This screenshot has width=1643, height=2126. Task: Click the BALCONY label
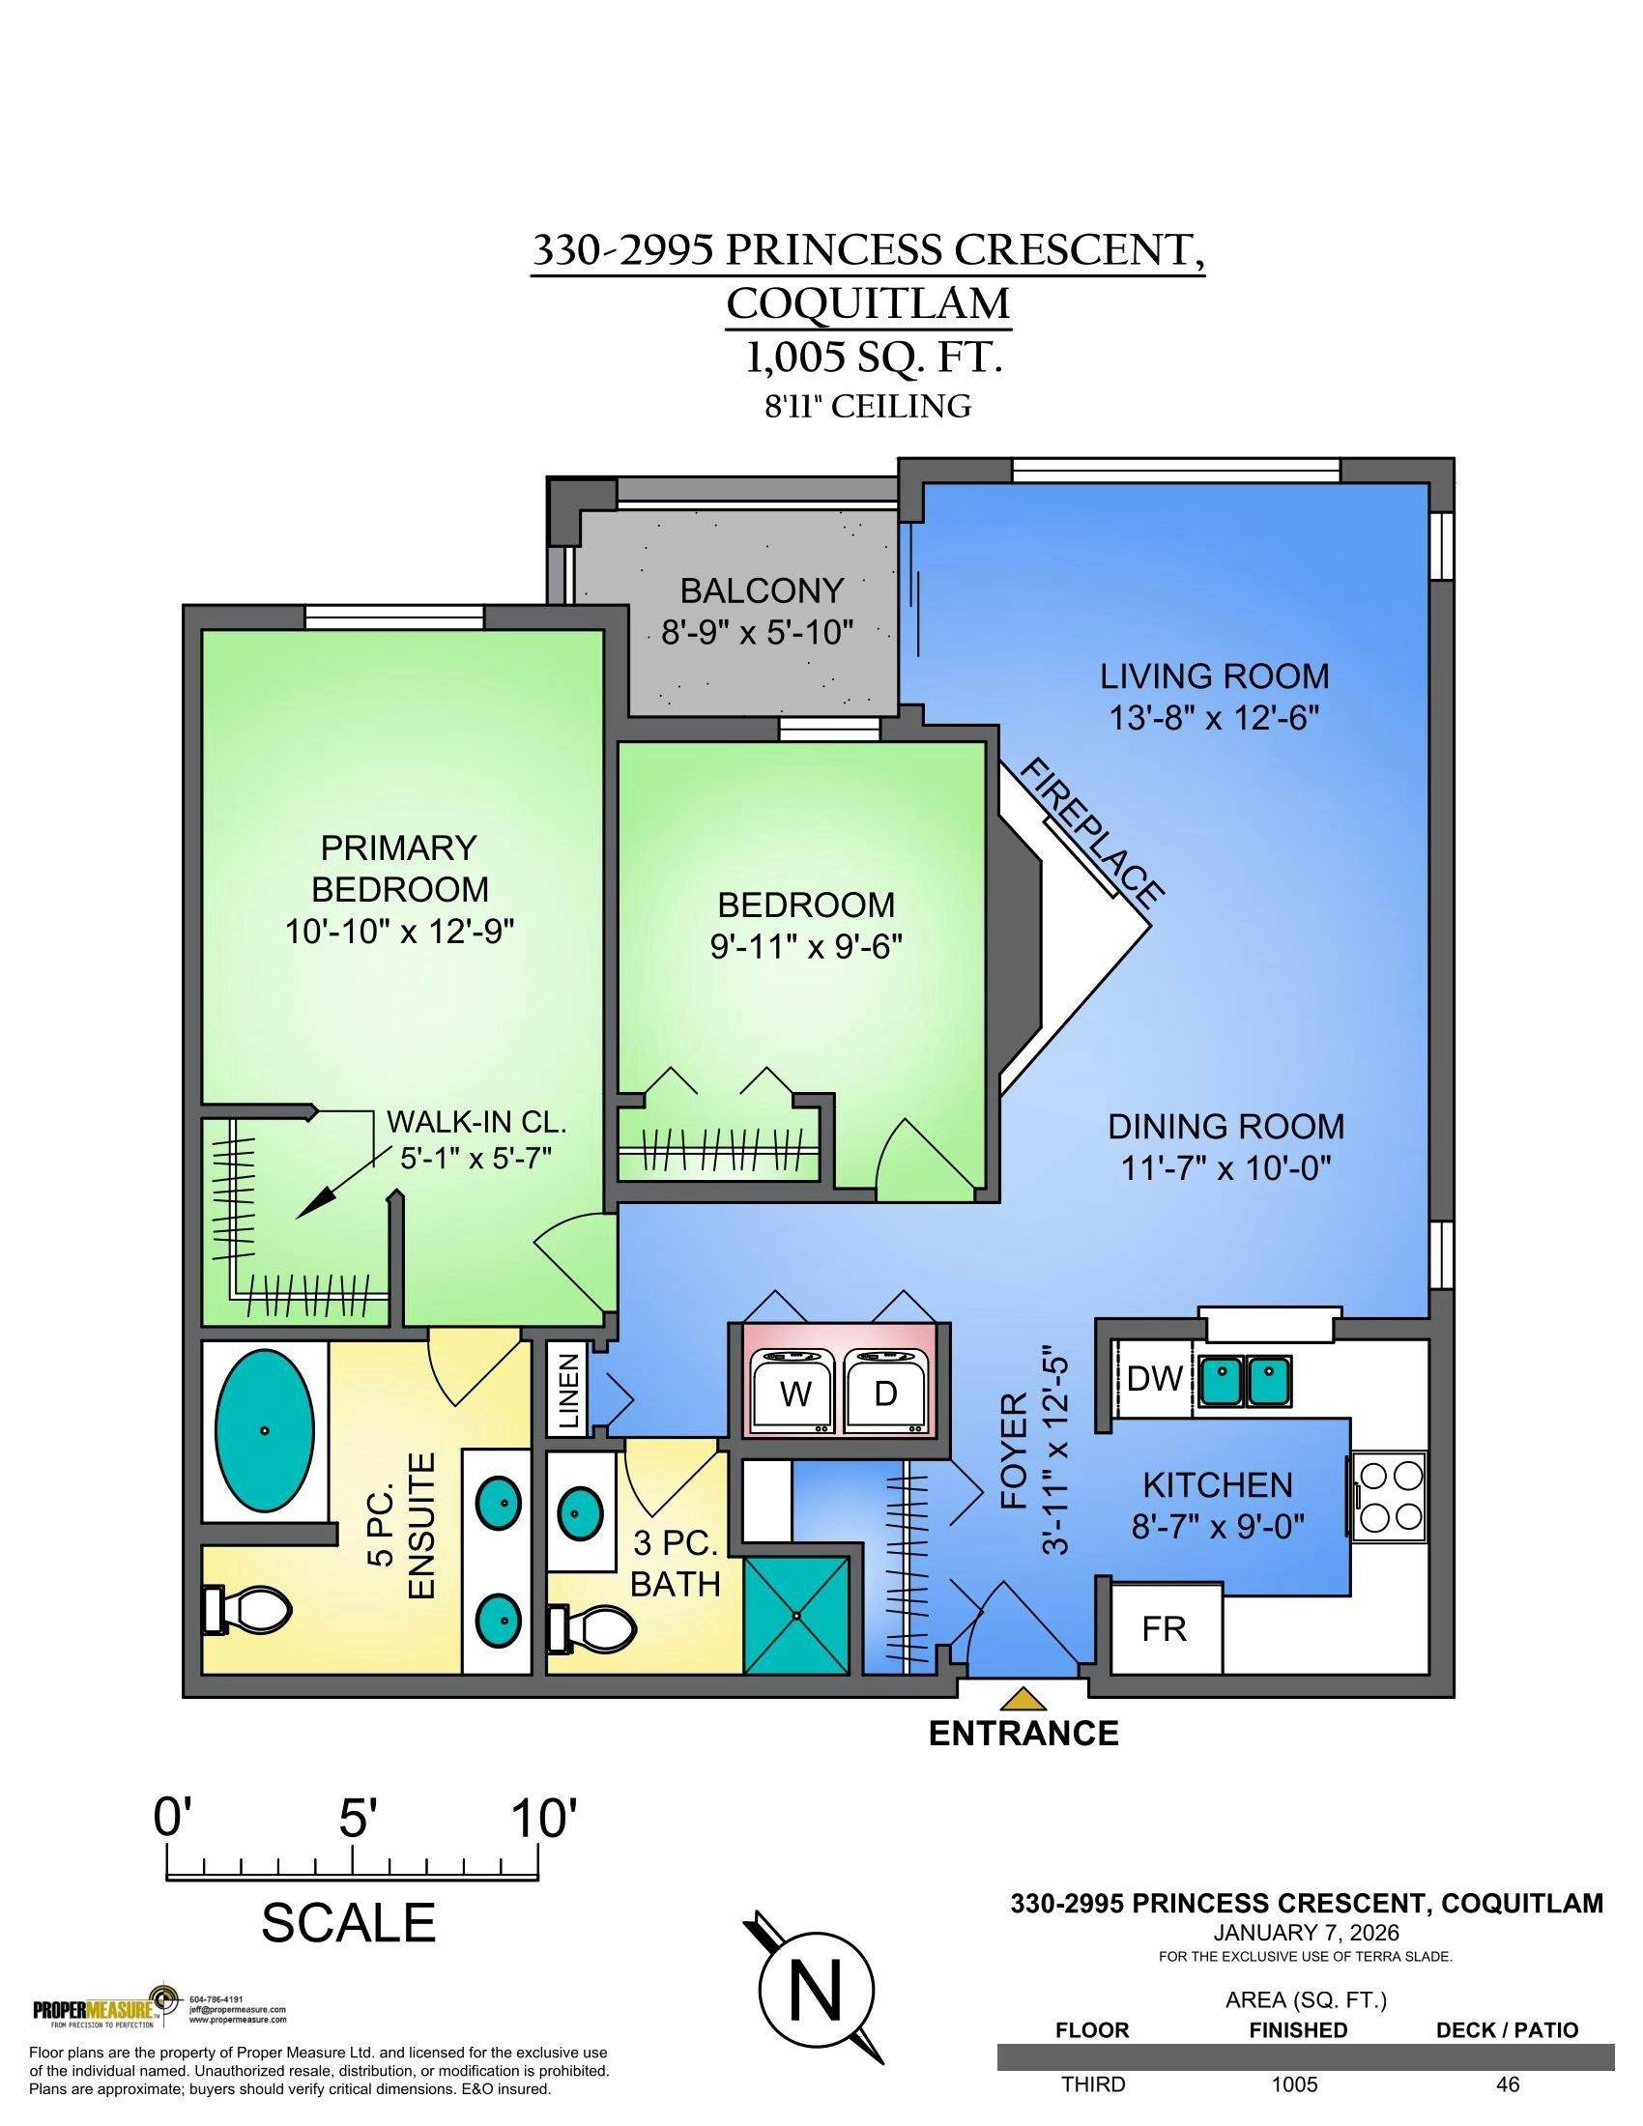[x=762, y=590]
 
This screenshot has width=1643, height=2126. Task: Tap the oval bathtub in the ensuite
[x=264, y=1431]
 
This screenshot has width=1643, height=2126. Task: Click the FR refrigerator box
[x=1166, y=1628]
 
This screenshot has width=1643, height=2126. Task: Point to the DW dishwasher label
[x=1154, y=1378]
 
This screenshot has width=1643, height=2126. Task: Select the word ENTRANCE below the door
[x=1023, y=1734]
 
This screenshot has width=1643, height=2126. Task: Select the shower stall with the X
[x=796, y=1615]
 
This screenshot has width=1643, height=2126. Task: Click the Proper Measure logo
[x=106, y=2009]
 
